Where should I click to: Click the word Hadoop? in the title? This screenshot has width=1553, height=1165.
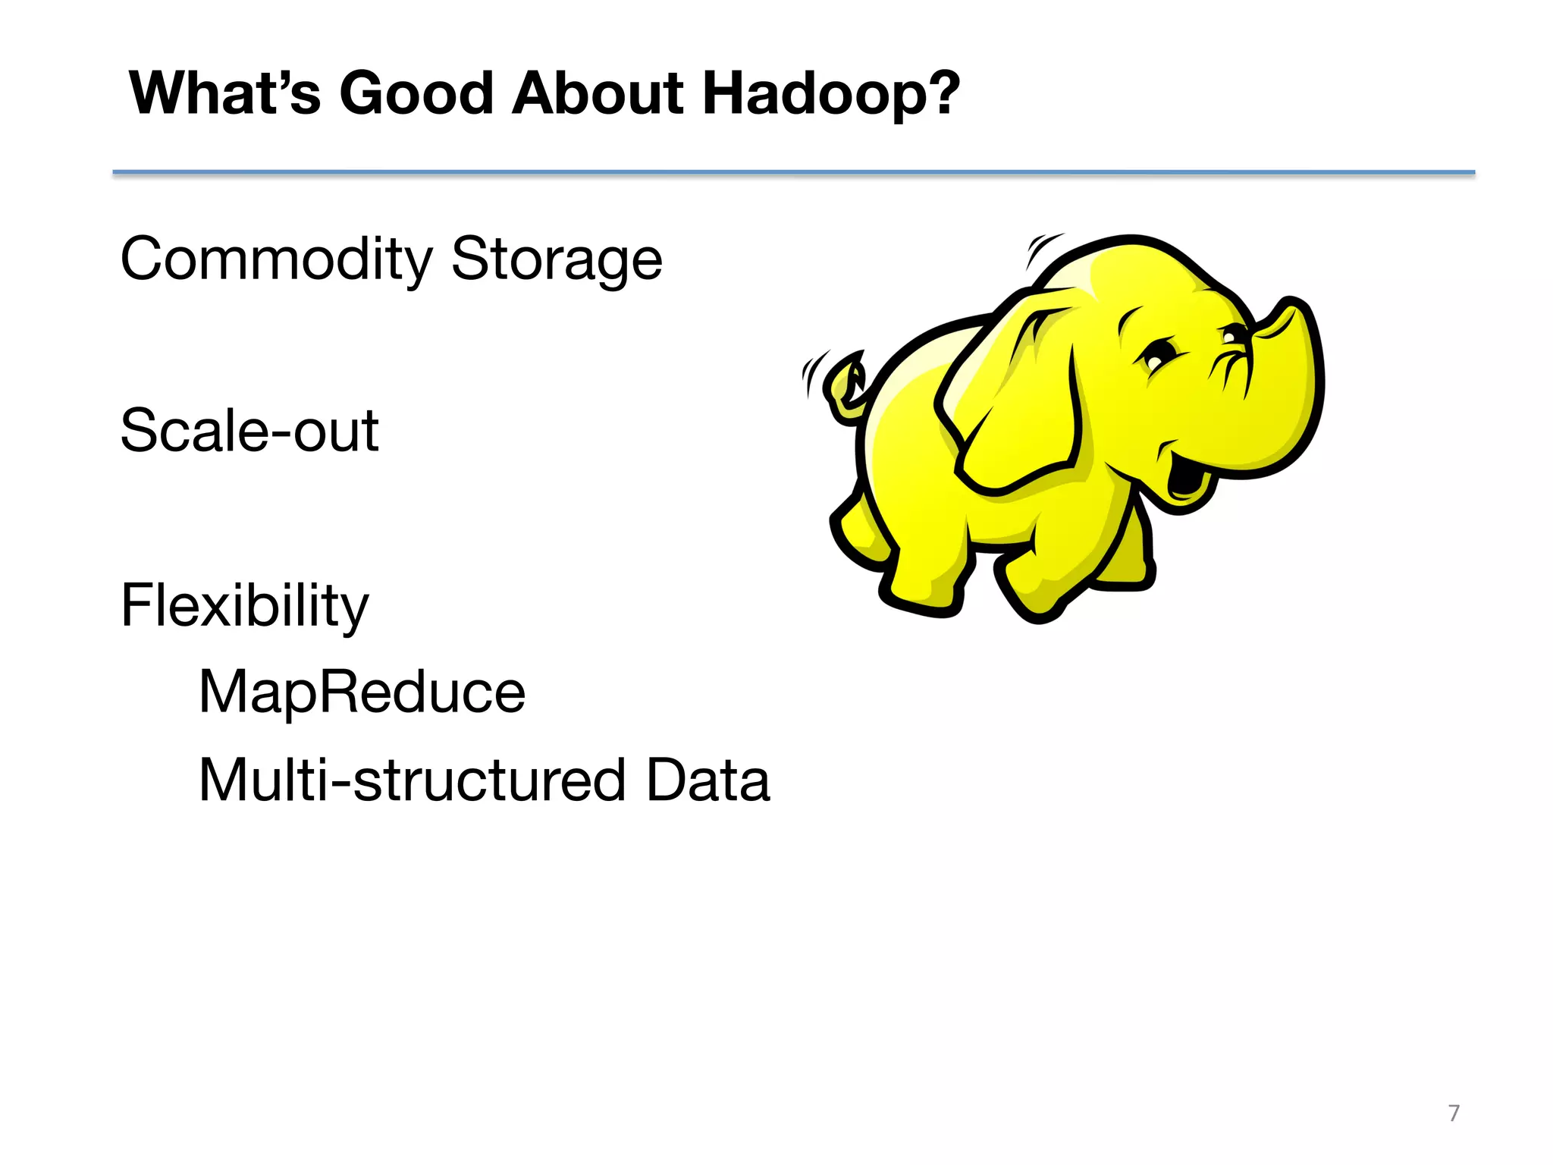(x=831, y=94)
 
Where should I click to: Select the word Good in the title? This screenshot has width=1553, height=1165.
(x=416, y=94)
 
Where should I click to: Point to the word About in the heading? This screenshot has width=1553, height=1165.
(x=598, y=94)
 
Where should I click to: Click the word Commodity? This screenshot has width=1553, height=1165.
(x=276, y=260)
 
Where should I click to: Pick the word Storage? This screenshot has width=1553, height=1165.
(x=557, y=260)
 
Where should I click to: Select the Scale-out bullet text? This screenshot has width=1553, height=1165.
(x=249, y=431)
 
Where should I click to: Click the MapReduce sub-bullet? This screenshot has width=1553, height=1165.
(x=362, y=692)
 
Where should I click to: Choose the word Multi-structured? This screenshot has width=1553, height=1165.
(x=412, y=780)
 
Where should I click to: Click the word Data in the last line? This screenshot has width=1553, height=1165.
(x=707, y=780)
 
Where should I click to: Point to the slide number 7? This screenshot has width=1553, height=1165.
(x=1453, y=1113)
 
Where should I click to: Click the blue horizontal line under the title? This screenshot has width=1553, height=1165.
(x=793, y=173)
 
